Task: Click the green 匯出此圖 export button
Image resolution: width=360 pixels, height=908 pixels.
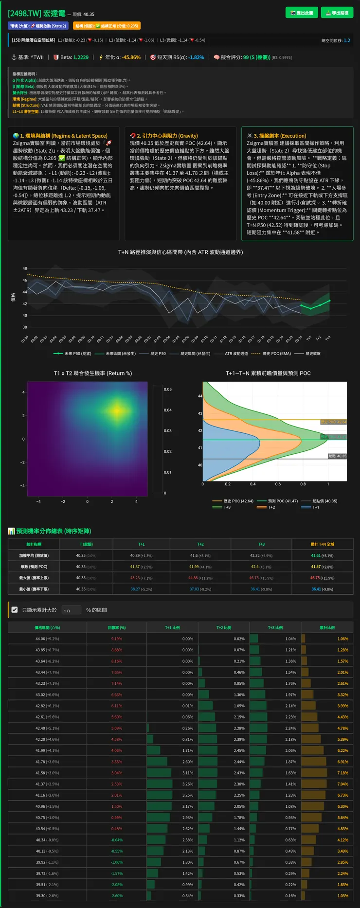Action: pos(302,13)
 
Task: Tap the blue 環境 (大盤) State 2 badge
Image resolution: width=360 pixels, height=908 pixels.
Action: pos(38,26)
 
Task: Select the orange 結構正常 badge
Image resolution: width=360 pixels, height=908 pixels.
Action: pos(106,26)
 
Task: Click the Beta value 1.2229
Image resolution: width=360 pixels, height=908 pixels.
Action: pos(81,57)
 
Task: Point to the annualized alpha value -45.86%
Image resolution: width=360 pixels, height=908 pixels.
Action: pos(131,57)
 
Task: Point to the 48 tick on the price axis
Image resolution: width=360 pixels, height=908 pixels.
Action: pos(24,268)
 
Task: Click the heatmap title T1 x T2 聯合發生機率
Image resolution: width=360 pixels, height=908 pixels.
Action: pos(92,373)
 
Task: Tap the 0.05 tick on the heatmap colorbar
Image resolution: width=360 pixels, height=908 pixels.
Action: pos(168,389)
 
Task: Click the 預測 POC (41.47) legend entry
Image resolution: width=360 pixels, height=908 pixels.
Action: pos(279,501)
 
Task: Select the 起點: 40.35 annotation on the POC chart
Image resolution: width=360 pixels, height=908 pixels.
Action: pos(337,456)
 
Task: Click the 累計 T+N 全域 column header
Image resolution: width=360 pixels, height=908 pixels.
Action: pos(322,544)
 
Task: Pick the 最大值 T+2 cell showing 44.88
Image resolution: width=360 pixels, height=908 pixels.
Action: pos(200,578)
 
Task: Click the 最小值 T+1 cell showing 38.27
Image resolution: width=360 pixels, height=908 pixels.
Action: pos(141,589)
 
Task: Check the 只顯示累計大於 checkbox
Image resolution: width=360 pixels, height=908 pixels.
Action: pos(15,609)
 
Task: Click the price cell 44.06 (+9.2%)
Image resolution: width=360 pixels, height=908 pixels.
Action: pos(47,639)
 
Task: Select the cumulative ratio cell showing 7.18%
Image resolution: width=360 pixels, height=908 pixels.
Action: pos(342,773)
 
